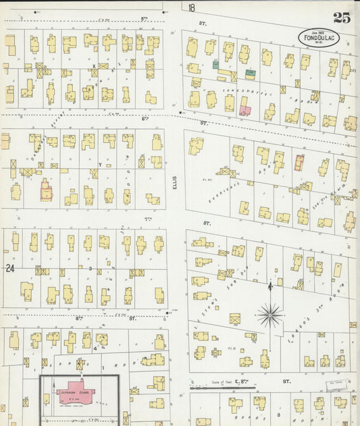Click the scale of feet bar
tap(211, 388)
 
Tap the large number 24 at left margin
tap(9, 268)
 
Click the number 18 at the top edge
tap(192, 8)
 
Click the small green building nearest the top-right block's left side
tap(215, 65)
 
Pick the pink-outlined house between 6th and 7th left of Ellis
tap(45, 190)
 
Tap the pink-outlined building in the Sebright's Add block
tap(299, 162)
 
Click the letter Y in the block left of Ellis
tap(99, 165)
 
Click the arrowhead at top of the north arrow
tap(270, 286)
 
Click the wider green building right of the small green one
tap(250, 73)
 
